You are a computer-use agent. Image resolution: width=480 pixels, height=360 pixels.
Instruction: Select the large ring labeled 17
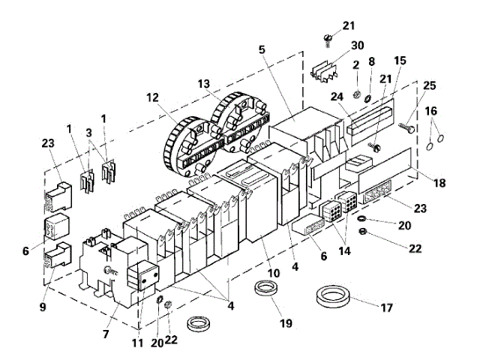pyautogui.click(x=338, y=295)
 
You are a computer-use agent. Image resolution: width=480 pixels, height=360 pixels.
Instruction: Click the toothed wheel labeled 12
pyautogui.click(x=184, y=142)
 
